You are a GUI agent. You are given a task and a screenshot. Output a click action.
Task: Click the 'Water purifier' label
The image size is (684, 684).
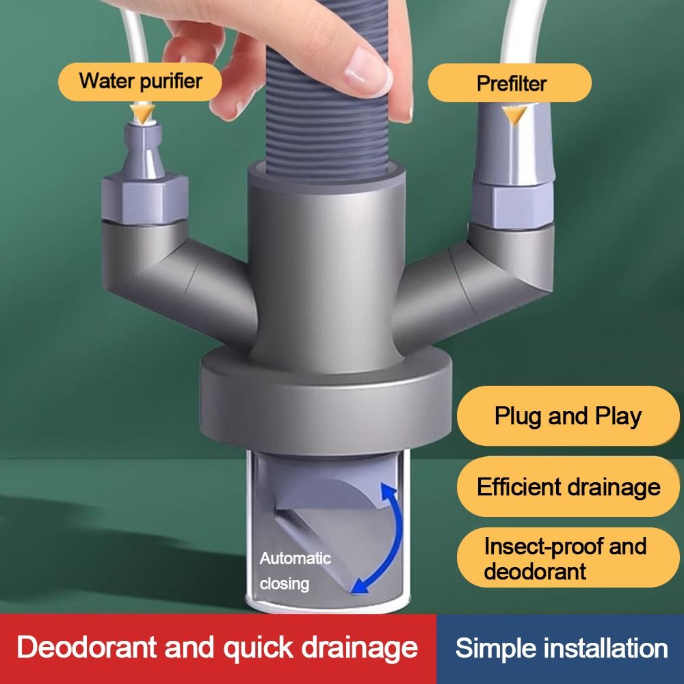coord(140,81)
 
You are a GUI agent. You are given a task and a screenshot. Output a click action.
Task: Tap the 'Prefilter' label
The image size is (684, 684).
coord(510,83)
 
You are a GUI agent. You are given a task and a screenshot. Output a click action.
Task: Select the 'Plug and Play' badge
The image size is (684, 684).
coord(568,416)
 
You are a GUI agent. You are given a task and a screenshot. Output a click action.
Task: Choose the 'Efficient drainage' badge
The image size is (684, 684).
coord(568,486)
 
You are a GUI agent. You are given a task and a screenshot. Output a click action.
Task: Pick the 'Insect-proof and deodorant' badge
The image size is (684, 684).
coord(568,558)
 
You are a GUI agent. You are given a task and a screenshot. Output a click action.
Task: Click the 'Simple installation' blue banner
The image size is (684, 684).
coord(561,648)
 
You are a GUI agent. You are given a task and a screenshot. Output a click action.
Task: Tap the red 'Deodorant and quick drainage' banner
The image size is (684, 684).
coord(218,648)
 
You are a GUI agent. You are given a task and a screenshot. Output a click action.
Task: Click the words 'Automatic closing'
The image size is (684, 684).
coord(295,571)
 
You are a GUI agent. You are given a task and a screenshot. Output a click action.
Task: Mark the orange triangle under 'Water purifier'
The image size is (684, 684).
coord(143,113)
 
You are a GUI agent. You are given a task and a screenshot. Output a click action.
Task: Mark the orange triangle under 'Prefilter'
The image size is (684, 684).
coord(514,115)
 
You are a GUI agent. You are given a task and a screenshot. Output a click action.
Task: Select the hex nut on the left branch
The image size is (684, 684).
coord(145,198)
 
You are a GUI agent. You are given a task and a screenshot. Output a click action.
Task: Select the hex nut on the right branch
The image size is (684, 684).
coord(514,205)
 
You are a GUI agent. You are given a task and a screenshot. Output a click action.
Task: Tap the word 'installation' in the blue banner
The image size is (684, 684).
coord(605,648)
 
